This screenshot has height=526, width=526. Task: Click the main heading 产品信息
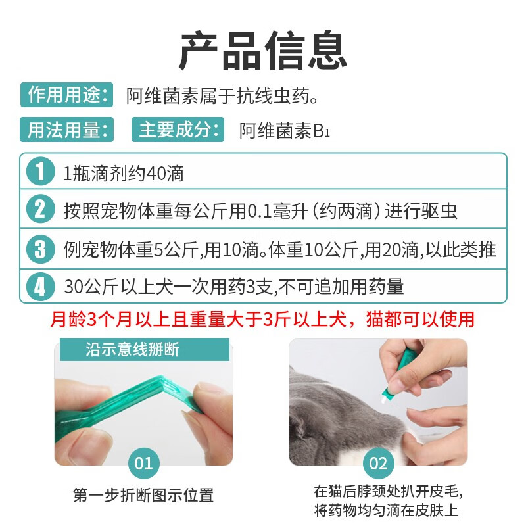coord(262,51)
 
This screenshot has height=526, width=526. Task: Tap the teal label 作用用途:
coord(67,95)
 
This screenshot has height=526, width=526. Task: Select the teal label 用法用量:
coord(67,130)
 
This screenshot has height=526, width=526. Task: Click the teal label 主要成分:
coord(178,130)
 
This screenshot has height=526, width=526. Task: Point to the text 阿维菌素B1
coord(285,130)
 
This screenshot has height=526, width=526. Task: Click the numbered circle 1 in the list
coord(40,171)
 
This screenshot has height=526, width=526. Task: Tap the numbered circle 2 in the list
coord(40,208)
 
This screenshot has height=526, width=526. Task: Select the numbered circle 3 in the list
coord(40,249)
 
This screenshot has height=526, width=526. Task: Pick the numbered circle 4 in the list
coord(40,287)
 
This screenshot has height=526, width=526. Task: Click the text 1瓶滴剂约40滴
coord(124,174)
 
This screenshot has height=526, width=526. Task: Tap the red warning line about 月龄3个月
coord(262,319)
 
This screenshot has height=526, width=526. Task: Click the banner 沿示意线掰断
coord(145,350)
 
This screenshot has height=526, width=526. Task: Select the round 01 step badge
coord(143,464)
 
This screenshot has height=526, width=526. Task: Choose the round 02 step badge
coord(379,464)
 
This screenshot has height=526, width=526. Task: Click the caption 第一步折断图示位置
coord(143,495)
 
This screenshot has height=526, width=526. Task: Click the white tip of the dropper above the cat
coord(382,399)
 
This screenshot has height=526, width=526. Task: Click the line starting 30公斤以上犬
coord(234,287)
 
